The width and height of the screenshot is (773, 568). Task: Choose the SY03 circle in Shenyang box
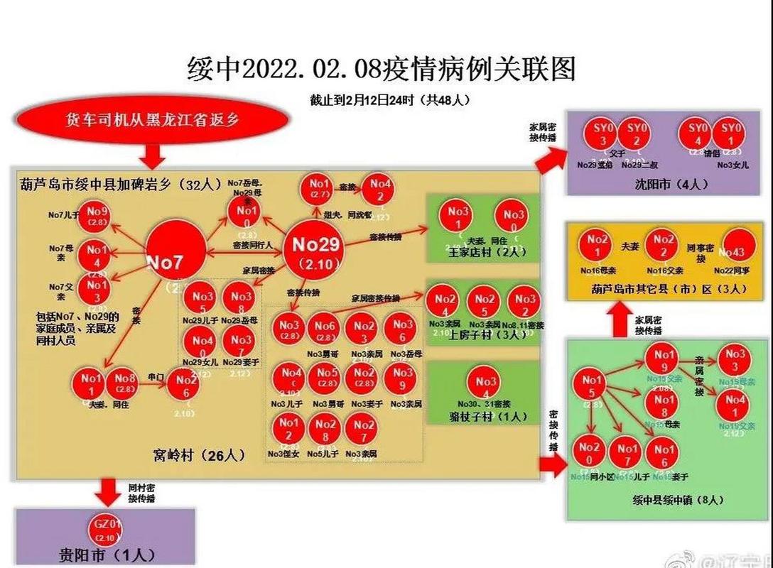click(600, 134)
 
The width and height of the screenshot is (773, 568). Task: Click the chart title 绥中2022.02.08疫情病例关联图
click(381, 70)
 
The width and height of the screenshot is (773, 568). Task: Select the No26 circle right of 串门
click(182, 386)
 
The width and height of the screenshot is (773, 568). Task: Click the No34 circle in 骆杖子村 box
click(487, 384)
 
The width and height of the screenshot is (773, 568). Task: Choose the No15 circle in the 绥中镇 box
click(591, 388)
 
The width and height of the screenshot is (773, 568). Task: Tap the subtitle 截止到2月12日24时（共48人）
click(389, 99)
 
